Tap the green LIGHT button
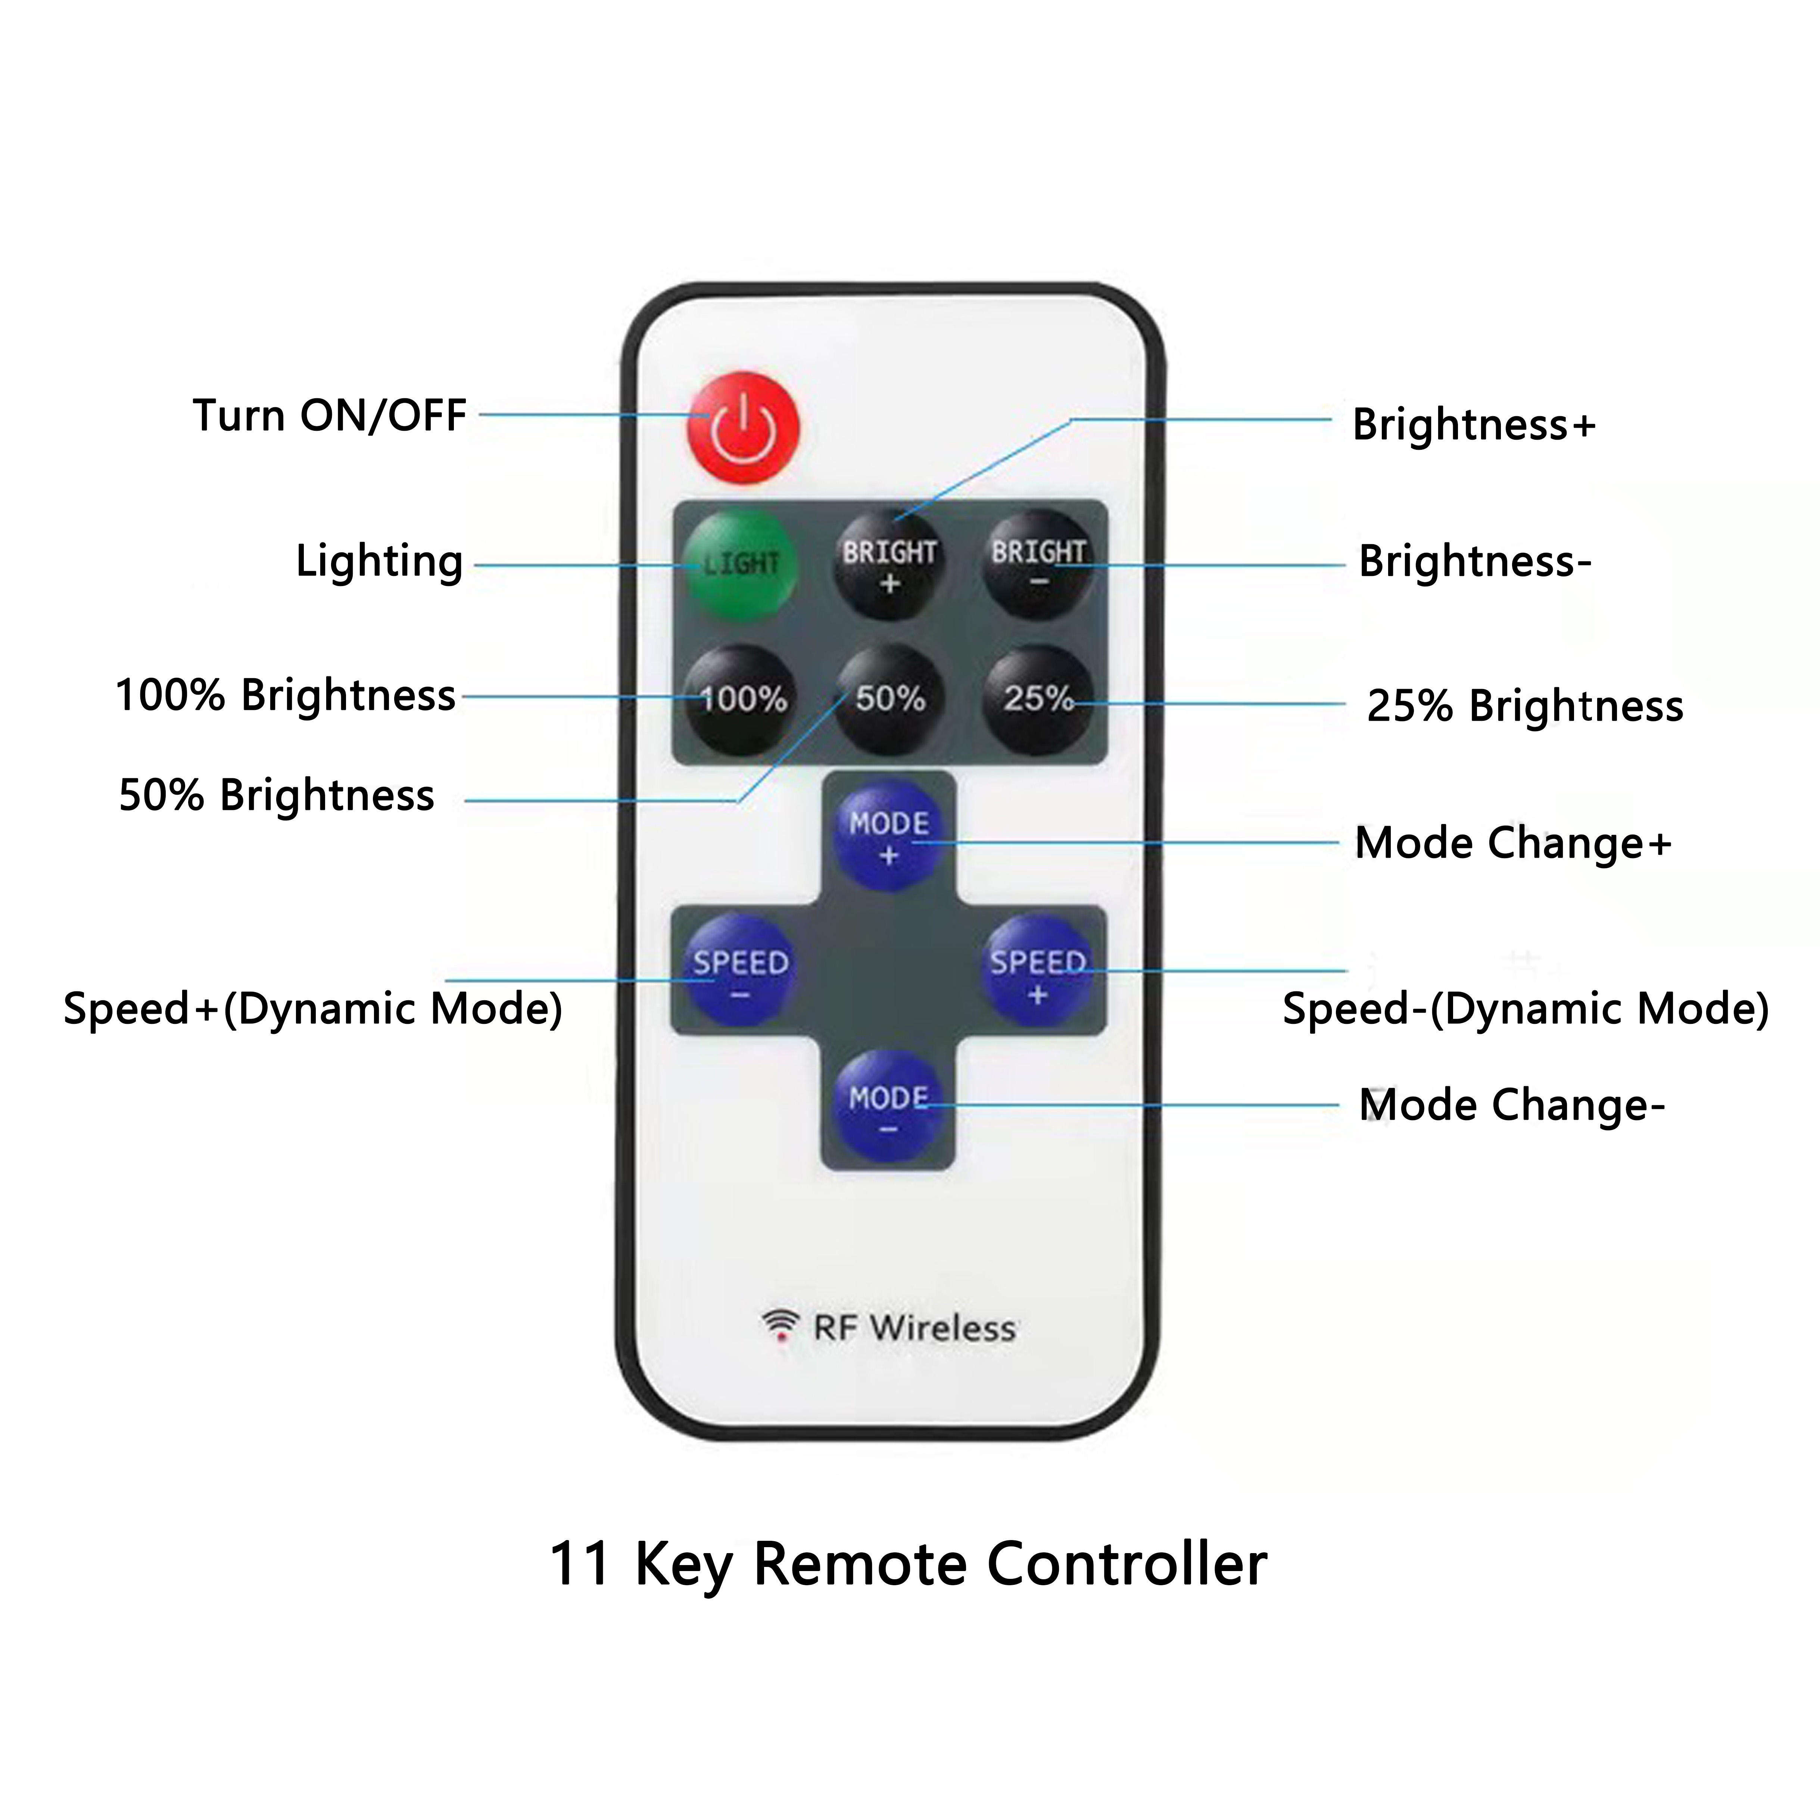coord(741,563)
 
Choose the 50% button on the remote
coord(889,699)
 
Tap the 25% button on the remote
coord(1038,699)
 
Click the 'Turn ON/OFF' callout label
coord(330,415)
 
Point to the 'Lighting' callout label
coord(380,561)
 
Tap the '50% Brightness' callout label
coord(277,795)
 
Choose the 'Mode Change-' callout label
coord(1512,1105)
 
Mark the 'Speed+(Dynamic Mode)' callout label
coord(313,1009)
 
